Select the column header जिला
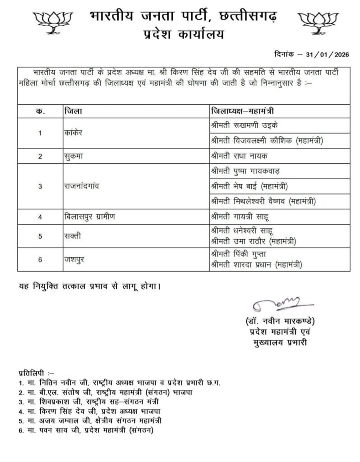(73, 111)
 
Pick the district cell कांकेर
(75, 133)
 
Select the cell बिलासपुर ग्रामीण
(90, 217)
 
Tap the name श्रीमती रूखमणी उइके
(244, 125)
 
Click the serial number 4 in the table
(40, 217)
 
